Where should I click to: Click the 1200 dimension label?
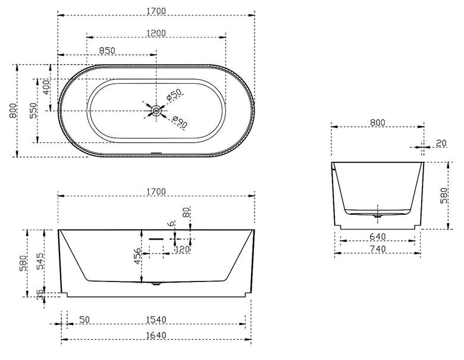click(156, 33)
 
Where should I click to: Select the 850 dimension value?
click(107, 51)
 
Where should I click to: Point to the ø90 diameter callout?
click(179, 121)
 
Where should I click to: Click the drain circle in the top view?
click(156, 111)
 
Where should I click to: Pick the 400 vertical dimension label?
click(46, 87)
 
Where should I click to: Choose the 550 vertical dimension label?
click(34, 111)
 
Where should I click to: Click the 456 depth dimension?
click(137, 256)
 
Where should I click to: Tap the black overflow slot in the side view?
click(156, 239)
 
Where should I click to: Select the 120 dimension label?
click(182, 249)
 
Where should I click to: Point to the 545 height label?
click(40, 261)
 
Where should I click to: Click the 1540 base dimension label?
click(156, 320)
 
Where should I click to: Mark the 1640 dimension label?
click(156, 336)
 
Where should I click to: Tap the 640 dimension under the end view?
click(378, 237)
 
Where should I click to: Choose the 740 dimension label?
click(378, 249)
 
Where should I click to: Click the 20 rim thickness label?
click(441, 143)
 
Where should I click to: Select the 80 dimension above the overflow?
click(186, 212)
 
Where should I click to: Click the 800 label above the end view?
click(377, 122)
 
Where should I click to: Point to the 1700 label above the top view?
click(156, 11)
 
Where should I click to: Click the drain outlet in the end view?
click(378, 217)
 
